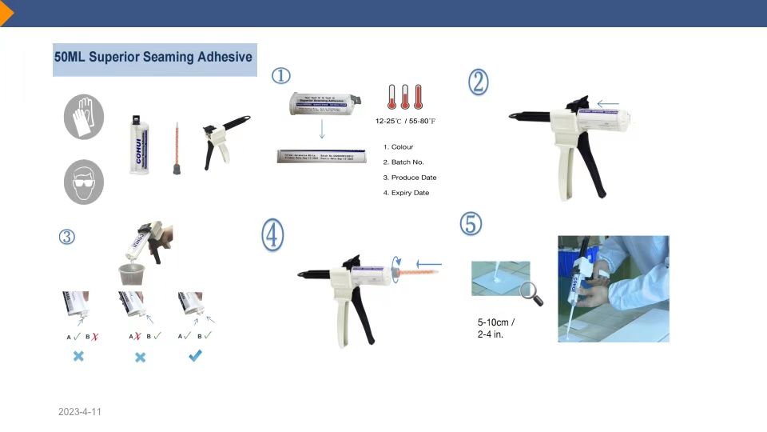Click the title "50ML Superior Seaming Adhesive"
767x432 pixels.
(153, 58)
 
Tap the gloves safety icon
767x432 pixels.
(84, 117)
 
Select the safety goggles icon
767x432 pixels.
(84, 182)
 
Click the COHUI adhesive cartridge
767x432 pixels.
(139, 146)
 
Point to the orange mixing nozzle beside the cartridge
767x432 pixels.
(176, 149)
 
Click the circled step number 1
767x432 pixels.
(280, 76)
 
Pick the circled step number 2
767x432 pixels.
(478, 82)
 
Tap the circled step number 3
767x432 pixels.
(67, 236)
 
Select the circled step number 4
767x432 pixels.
(272, 234)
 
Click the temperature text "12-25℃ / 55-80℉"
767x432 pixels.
(406, 122)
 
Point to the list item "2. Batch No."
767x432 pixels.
(403, 162)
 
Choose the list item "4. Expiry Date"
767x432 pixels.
(406, 193)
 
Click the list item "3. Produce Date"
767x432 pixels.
(410, 178)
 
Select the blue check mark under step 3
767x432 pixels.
(195, 356)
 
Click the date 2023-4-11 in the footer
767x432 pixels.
(80, 412)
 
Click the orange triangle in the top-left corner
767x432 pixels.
(6, 14)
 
